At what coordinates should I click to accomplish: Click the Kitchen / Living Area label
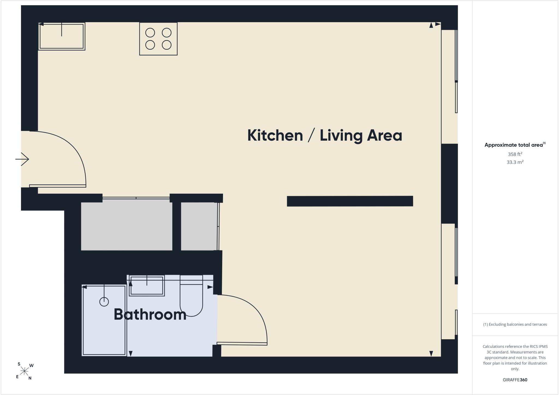[x=325, y=135]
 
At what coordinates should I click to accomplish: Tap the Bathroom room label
[x=150, y=314]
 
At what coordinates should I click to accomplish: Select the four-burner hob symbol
[x=158, y=39]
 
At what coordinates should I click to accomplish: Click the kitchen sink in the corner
[x=62, y=36]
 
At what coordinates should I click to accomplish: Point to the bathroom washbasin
[x=147, y=286]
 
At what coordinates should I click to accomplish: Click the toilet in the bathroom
[x=191, y=296]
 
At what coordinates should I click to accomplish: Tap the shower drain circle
[x=104, y=302]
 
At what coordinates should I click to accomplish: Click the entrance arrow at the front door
[x=22, y=159]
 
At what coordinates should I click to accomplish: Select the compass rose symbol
[x=25, y=371]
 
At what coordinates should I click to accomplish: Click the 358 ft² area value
[x=515, y=154]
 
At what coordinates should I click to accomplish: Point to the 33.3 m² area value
[x=515, y=162]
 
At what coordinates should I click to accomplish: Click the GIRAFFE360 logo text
[x=515, y=380]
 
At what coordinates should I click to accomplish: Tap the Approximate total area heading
[x=515, y=145]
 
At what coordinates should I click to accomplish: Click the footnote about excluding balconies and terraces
[x=515, y=325]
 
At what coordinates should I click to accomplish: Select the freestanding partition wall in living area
[x=350, y=201]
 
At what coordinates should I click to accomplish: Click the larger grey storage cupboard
[x=127, y=225]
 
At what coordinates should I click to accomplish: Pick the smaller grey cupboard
[x=199, y=226]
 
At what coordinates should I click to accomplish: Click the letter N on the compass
[x=30, y=378]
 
